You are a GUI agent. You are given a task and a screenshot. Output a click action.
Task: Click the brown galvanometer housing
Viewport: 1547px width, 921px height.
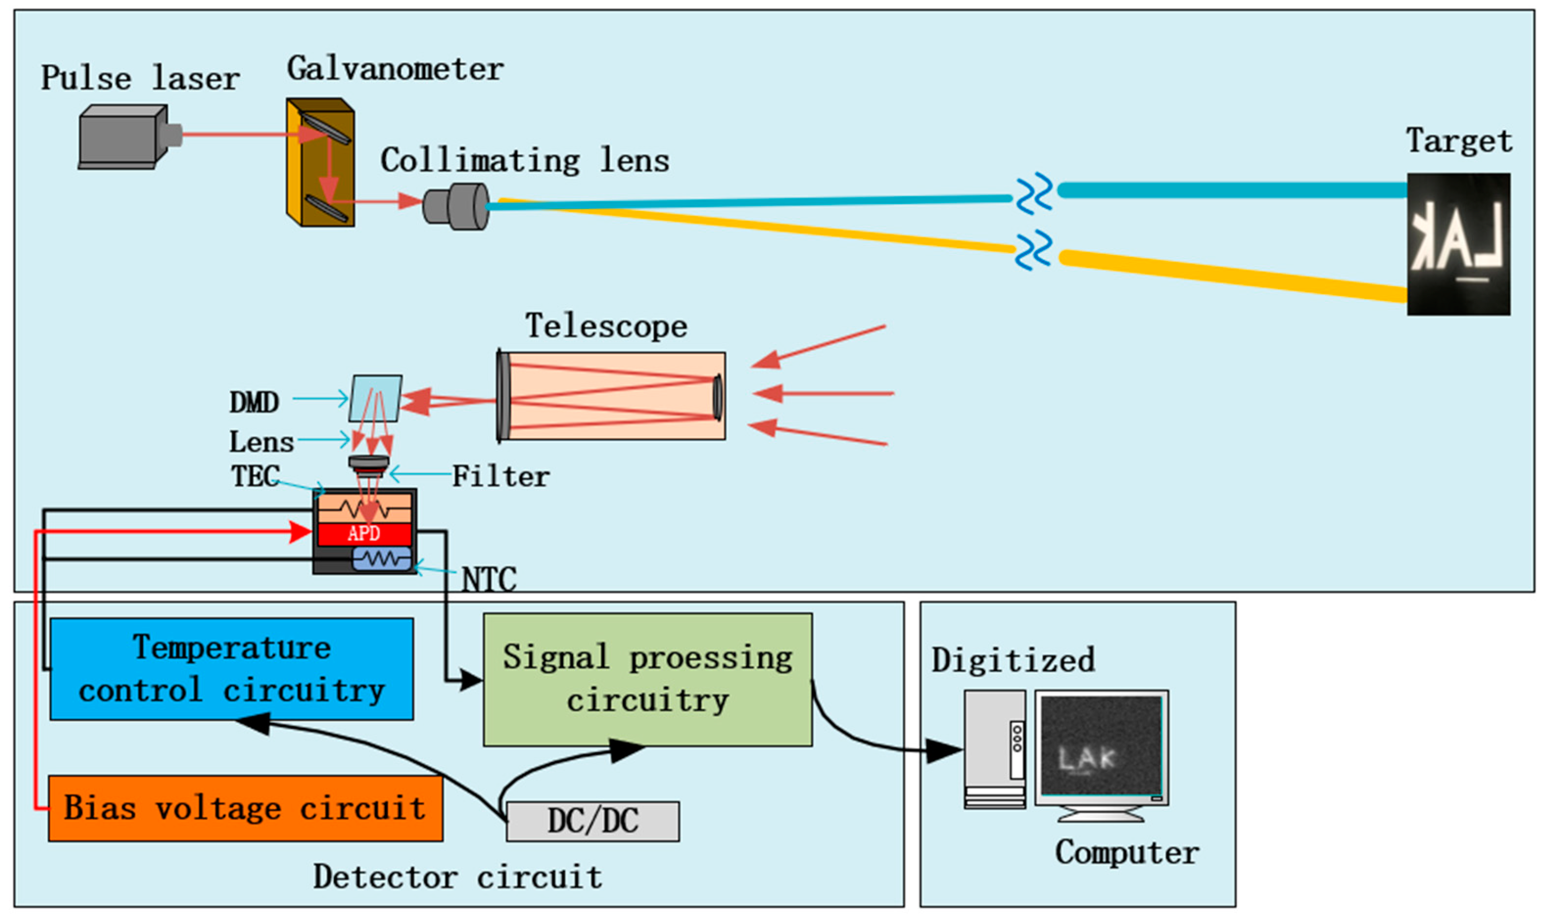tap(320, 162)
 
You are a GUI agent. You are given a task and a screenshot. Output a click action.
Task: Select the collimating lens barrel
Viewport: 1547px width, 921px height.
tap(456, 206)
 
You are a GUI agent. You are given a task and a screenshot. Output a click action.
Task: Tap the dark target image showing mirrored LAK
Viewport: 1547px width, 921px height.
tap(1458, 244)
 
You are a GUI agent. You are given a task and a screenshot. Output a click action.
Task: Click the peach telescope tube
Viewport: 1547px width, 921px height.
tap(611, 396)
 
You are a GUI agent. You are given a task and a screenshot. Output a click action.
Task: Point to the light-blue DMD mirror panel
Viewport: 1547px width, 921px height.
tap(375, 398)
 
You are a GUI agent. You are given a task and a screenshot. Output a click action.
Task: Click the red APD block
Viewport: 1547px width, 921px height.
tap(364, 533)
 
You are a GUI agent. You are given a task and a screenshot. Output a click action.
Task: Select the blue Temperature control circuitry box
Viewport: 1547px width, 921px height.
tap(232, 669)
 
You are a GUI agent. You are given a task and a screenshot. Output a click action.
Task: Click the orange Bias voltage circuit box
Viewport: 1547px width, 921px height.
tap(245, 808)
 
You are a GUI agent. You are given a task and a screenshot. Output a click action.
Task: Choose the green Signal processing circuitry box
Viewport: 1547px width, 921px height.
tap(648, 680)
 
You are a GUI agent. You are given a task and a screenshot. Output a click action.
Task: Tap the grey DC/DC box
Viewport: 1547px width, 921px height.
tap(593, 821)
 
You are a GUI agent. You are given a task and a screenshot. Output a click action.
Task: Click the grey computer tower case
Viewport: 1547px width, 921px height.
tap(994, 749)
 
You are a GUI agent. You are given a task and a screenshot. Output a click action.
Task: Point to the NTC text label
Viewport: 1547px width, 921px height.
tap(489, 579)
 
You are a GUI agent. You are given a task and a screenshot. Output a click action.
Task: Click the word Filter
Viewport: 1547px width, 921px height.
tap(500, 477)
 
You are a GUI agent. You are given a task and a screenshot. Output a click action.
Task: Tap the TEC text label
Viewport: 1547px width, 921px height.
tap(255, 477)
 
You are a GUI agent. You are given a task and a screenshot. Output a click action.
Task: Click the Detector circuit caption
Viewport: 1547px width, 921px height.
tap(458, 877)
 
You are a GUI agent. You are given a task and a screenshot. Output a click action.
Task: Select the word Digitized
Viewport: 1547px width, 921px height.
tap(1012, 660)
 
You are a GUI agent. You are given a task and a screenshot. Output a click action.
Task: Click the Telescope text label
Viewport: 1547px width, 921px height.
tap(607, 326)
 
